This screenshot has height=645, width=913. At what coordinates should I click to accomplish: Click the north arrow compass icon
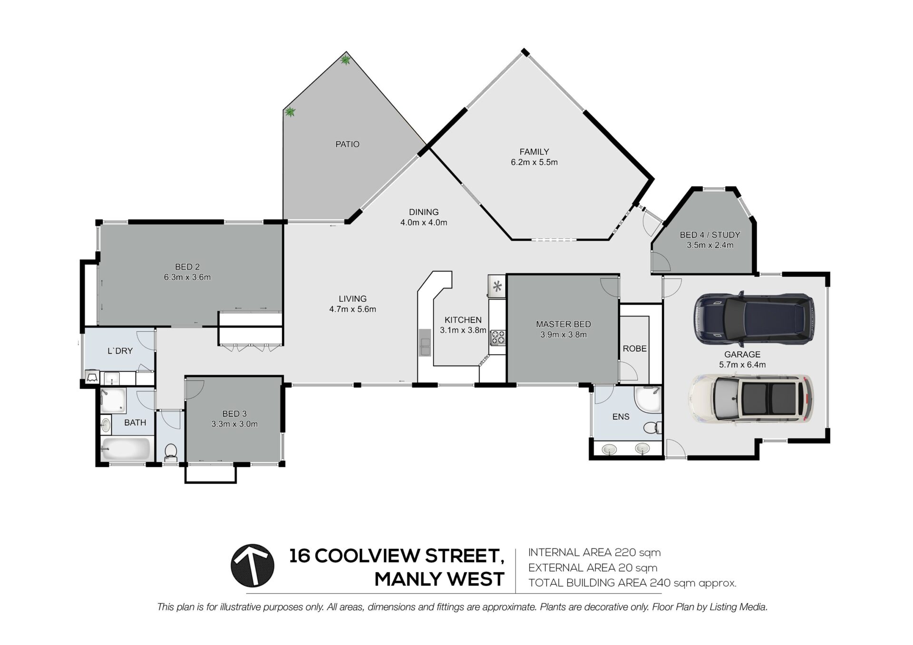[x=252, y=565]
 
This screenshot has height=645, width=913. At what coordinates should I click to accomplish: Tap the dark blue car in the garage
[x=754, y=319]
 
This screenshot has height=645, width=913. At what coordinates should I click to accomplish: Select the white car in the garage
[x=751, y=399]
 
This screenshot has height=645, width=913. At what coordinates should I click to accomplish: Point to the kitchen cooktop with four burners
[x=497, y=337]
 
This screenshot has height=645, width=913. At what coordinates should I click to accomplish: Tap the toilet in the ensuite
[x=653, y=427]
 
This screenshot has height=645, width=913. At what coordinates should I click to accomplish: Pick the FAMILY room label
[x=534, y=152]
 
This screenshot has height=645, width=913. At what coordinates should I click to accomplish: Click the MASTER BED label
[x=563, y=324]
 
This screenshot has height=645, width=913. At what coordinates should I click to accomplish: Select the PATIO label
[x=348, y=144]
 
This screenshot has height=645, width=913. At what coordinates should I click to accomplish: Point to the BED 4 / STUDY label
[x=710, y=235]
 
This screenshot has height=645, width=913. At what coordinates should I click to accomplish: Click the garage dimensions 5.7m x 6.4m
[x=742, y=365]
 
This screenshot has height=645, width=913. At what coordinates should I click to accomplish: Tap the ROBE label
[x=635, y=348]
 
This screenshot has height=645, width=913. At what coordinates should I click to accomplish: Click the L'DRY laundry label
[x=120, y=351]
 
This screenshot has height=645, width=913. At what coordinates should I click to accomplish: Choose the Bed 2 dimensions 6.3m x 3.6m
[x=187, y=277]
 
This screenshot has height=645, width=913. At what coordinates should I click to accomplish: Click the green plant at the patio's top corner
[x=346, y=60]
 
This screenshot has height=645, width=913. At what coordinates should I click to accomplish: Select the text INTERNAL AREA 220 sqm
[x=594, y=552]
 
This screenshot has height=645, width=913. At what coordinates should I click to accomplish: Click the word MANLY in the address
[x=411, y=579]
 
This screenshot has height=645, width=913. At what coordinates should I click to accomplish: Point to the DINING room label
[x=424, y=212]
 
